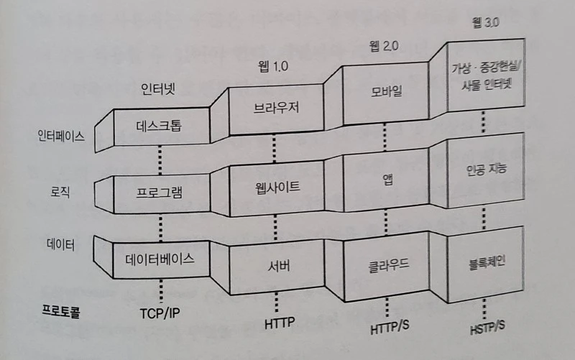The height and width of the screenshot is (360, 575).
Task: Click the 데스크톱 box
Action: tap(160, 126)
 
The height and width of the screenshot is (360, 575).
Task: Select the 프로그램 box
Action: tap(160, 193)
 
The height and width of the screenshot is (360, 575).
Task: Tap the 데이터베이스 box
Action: tap(160, 257)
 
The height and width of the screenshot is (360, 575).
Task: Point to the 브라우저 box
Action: tap(276, 109)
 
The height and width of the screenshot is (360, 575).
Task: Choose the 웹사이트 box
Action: tap(276, 188)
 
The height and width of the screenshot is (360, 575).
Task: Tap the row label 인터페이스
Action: tap(61, 135)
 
